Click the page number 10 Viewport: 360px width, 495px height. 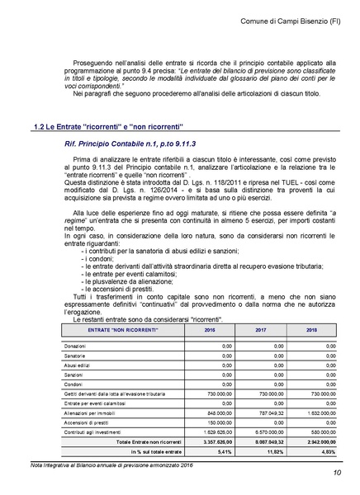pos(338,473)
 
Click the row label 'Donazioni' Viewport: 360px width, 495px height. pos(76,345)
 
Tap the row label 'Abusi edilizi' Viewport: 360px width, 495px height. pos(78,364)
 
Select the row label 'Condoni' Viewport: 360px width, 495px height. pos(74,383)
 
